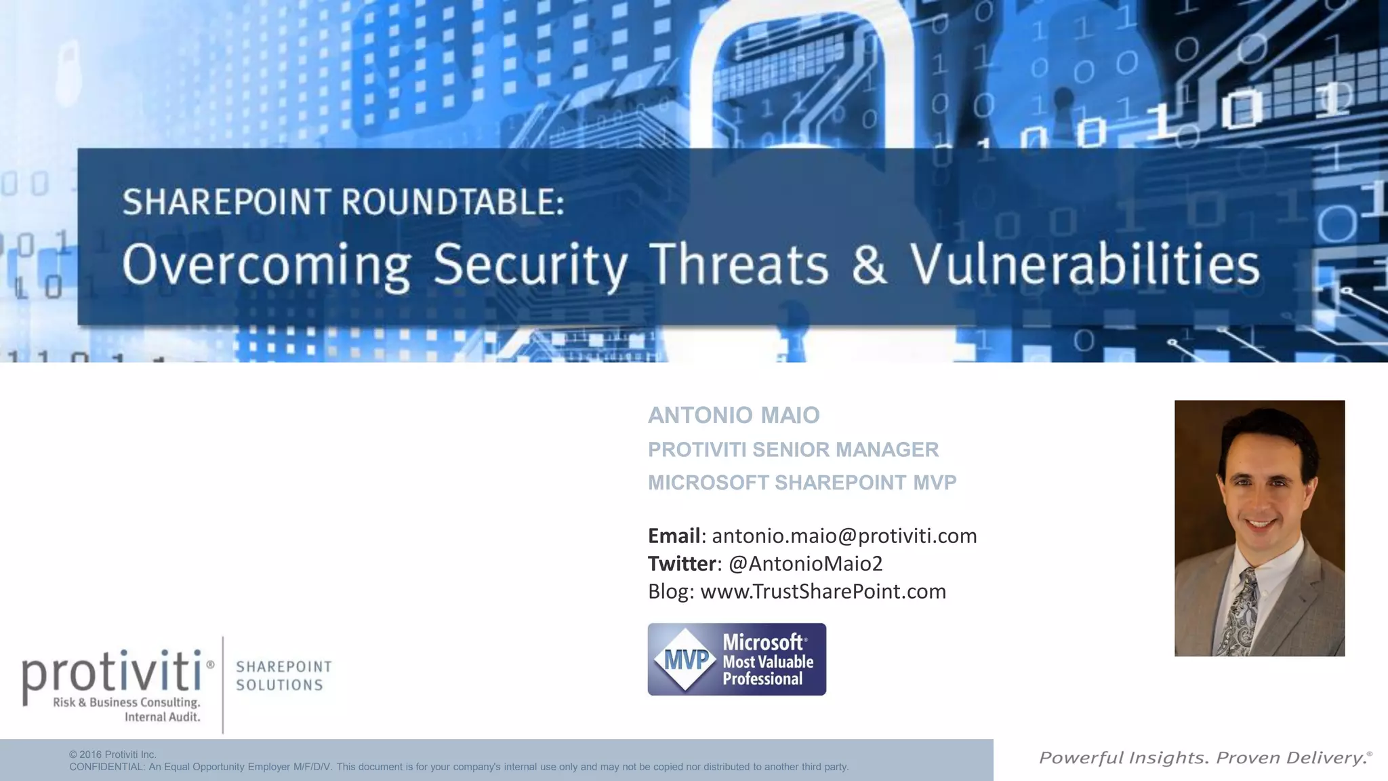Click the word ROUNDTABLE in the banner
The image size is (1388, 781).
(451, 201)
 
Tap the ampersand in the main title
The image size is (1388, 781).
(869, 264)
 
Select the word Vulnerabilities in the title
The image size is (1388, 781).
(1084, 264)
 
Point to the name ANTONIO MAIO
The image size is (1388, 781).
(733, 415)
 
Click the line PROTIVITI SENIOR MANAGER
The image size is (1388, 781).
(793, 449)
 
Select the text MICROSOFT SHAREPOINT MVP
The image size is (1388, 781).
(802, 483)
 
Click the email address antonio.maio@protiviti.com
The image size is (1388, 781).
(844, 536)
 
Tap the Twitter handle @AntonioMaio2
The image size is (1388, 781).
(805, 563)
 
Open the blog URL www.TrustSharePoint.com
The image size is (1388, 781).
(823, 591)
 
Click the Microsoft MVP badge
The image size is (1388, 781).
(737, 659)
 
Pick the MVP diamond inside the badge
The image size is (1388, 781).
(685, 659)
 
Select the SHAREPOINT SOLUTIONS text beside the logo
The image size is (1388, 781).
(283, 676)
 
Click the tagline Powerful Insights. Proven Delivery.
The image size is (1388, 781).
(1204, 758)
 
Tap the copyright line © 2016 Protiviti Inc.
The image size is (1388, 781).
(113, 755)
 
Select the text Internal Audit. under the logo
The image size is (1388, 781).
(162, 717)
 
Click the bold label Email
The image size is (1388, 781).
(674, 536)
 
